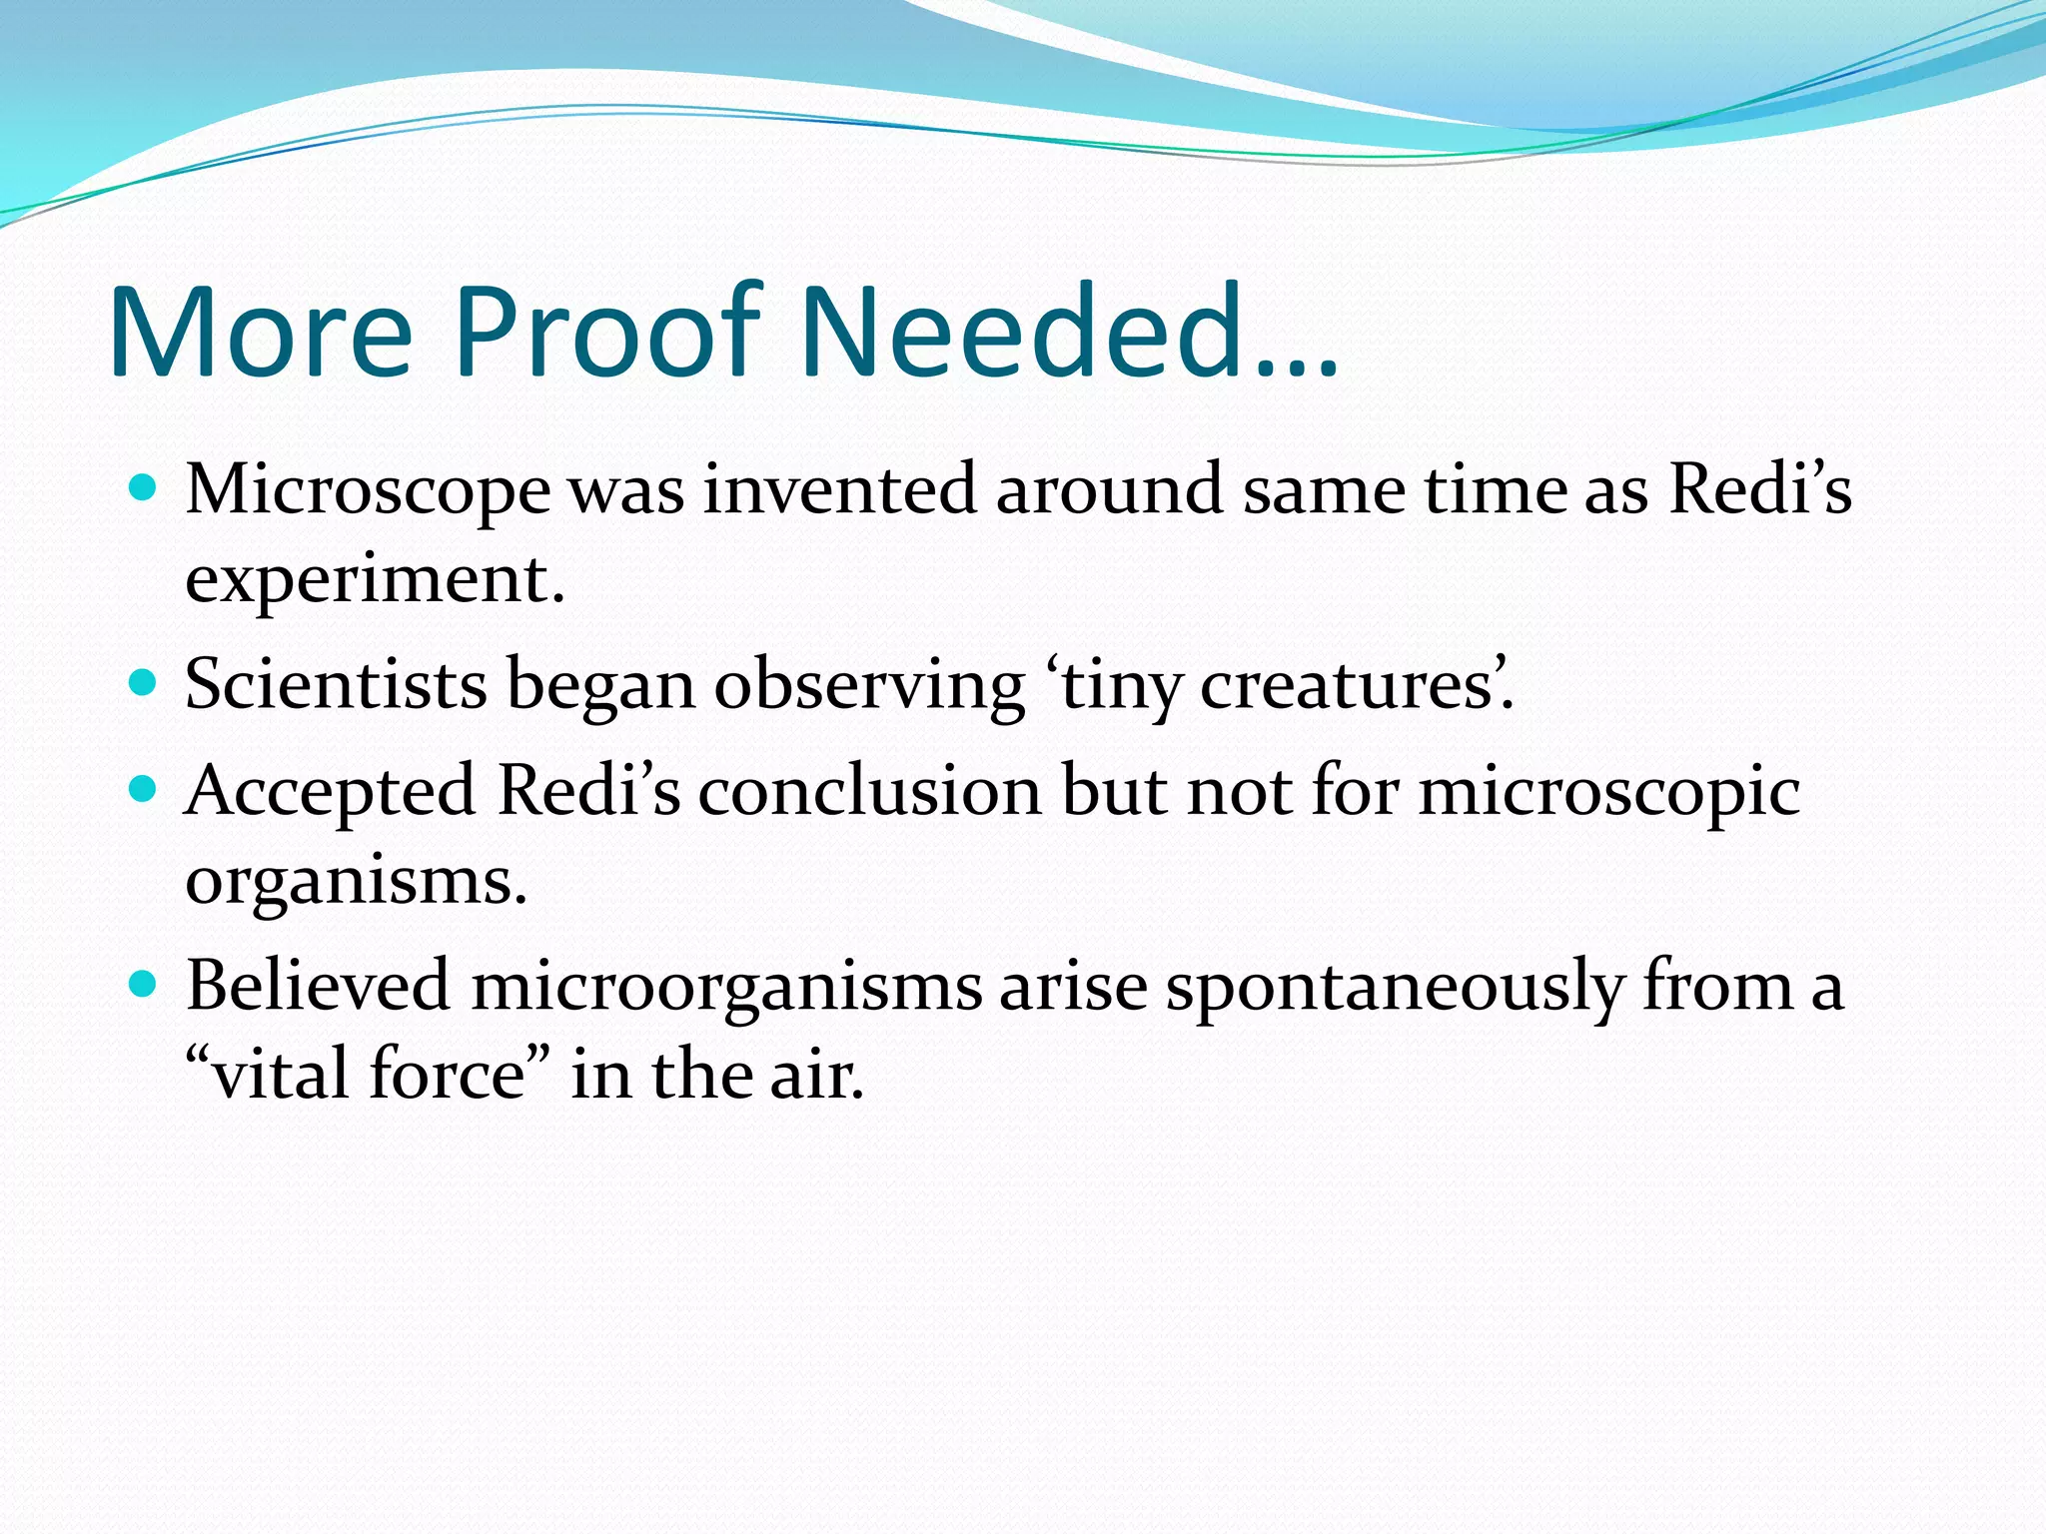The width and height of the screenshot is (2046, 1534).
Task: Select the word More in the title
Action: click(x=260, y=332)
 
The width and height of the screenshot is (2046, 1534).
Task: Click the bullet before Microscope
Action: click(x=144, y=488)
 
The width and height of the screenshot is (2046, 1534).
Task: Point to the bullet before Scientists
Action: click(x=144, y=683)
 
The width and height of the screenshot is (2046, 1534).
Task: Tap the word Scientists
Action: click(x=336, y=684)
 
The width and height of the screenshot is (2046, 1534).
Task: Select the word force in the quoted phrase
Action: click(x=447, y=1075)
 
